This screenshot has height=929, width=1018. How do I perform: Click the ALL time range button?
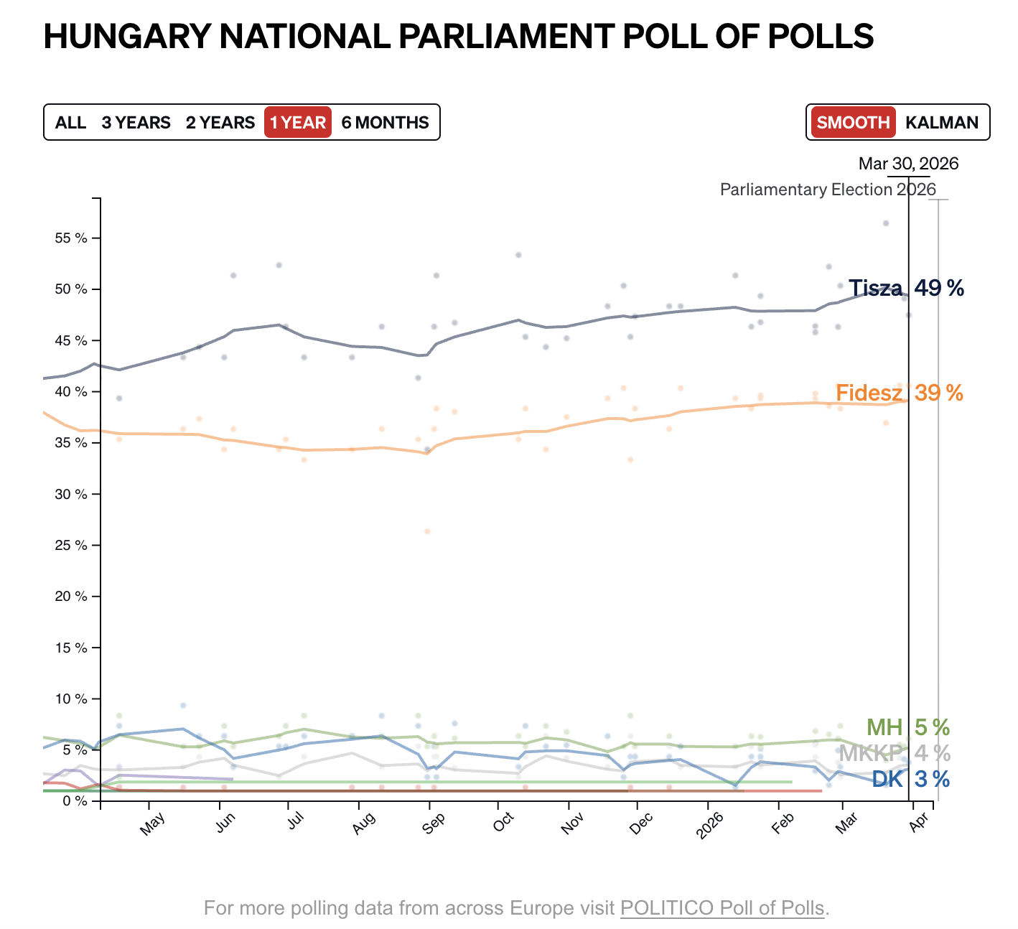(x=70, y=123)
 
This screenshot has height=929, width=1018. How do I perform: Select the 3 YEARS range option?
(x=136, y=123)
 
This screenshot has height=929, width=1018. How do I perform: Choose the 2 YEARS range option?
(x=220, y=123)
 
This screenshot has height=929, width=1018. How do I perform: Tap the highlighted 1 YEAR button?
(x=298, y=123)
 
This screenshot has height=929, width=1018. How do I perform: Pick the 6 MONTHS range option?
(x=385, y=123)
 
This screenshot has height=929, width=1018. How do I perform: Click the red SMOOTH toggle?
(x=853, y=123)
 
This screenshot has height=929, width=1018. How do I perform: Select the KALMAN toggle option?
(x=942, y=123)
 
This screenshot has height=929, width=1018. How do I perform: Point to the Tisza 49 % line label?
(x=906, y=289)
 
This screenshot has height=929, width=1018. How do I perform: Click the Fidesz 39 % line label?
(x=900, y=393)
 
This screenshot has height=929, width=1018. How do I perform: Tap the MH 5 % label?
(x=908, y=728)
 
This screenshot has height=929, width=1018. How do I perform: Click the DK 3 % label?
(x=910, y=779)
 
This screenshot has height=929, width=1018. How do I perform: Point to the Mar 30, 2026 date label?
(x=908, y=164)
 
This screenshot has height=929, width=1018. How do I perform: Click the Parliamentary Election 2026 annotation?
(x=828, y=190)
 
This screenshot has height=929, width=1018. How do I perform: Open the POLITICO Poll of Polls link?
(x=722, y=908)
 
